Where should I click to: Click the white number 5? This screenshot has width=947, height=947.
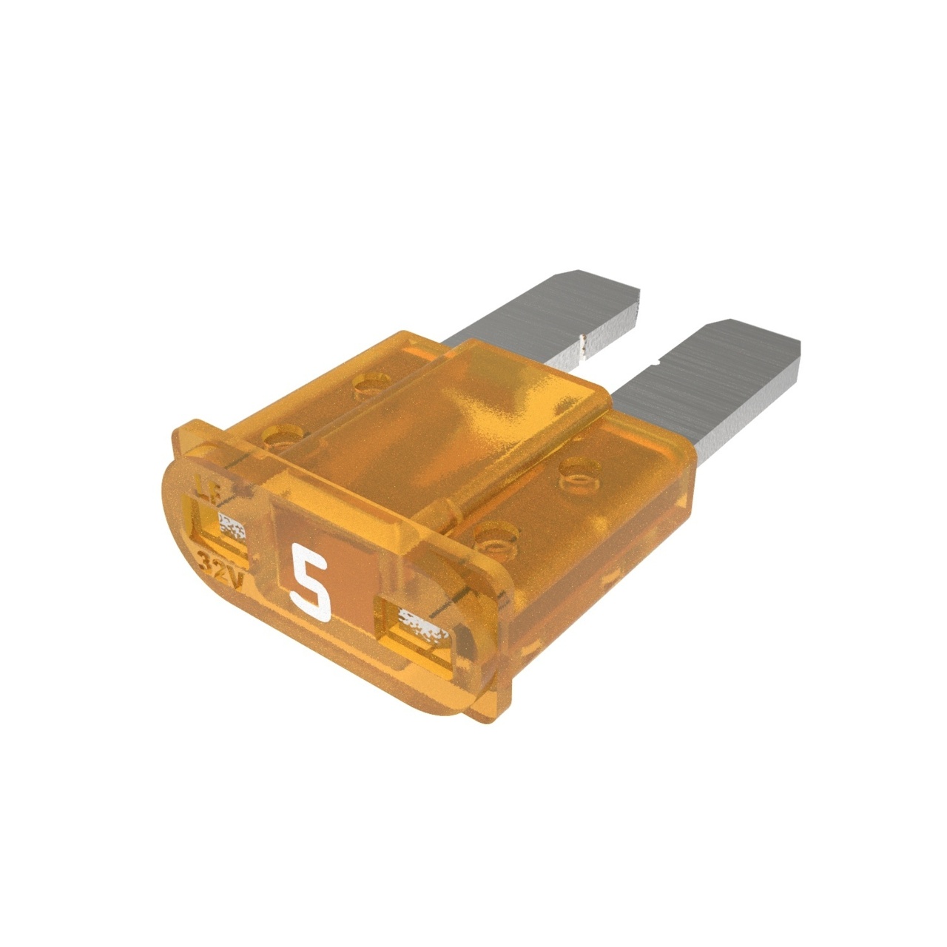[x=310, y=580]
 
